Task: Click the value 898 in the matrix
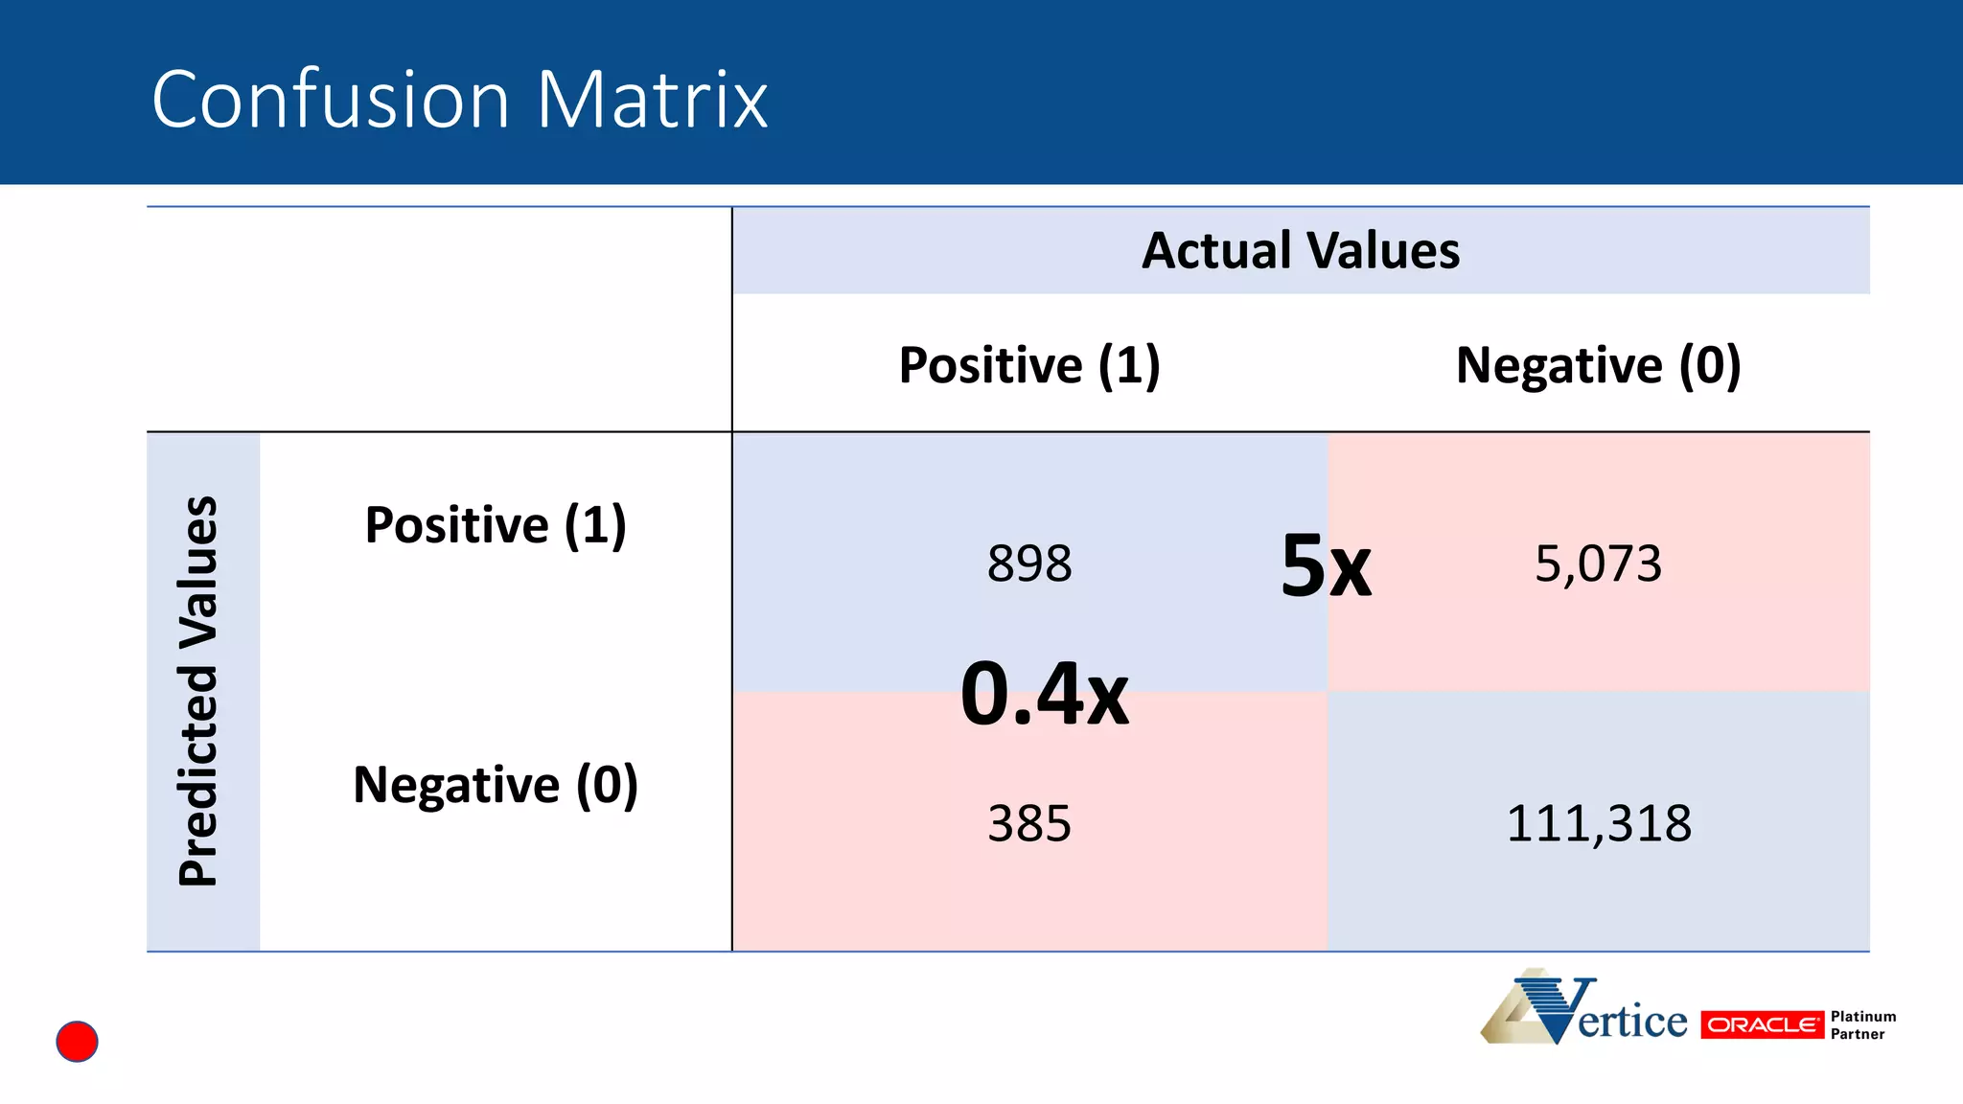pyautogui.click(x=1029, y=563)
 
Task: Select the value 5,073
pyautogui.click(x=1598, y=563)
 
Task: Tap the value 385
pyautogui.click(x=1029, y=823)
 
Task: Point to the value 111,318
pyautogui.click(x=1598, y=823)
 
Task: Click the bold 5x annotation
pyautogui.click(x=1326, y=566)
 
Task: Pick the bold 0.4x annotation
pyautogui.click(x=1045, y=694)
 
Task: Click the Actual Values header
pyautogui.click(x=1300, y=251)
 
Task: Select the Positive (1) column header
pyautogui.click(x=1029, y=365)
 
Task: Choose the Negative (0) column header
pyautogui.click(x=1598, y=365)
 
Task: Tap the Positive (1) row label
pyautogui.click(x=496, y=525)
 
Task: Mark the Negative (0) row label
pyautogui.click(x=496, y=785)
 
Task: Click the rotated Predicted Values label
pyautogui.click(x=199, y=691)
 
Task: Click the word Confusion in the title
pyautogui.click(x=331, y=100)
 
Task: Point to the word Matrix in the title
pyautogui.click(x=652, y=100)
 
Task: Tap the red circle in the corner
pyautogui.click(x=77, y=1042)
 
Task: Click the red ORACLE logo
pyautogui.click(x=1762, y=1024)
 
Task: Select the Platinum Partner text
pyautogui.click(x=1862, y=1024)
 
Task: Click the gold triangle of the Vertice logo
pyautogui.click(x=1514, y=1016)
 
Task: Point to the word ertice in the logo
pyautogui.click(x=1632, y=1022)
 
